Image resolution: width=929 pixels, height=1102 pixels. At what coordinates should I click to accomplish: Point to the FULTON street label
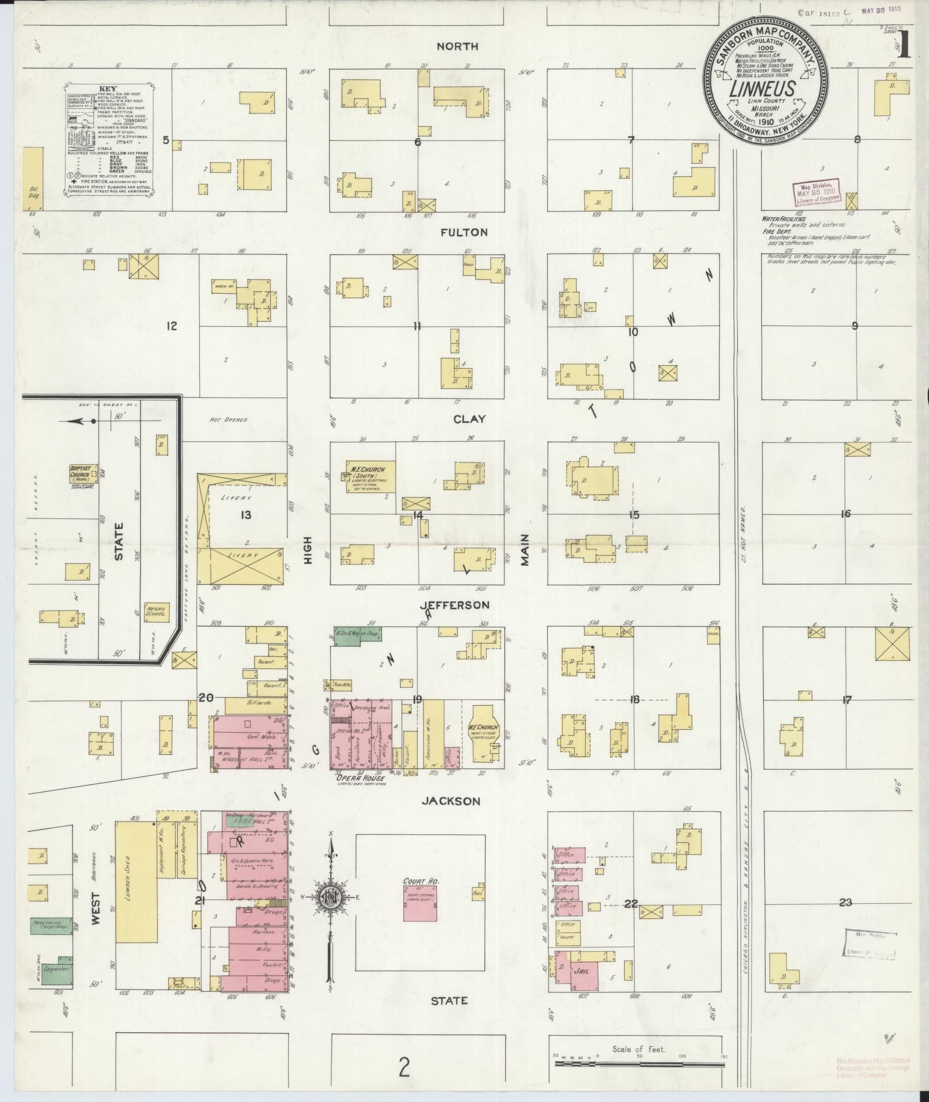[464, 233]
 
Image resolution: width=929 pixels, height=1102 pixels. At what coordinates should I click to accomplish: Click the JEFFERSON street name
[454, 605]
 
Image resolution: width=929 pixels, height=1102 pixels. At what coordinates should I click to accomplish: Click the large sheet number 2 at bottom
[404, 1069]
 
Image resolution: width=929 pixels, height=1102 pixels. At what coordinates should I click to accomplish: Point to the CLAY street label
[470, 419]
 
